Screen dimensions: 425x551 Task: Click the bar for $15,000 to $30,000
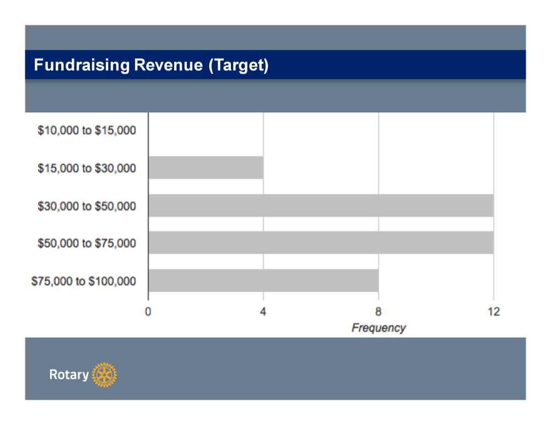point(206,167)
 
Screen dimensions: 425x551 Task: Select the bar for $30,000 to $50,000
point(321,205)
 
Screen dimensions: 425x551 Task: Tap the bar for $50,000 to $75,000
point(321,243)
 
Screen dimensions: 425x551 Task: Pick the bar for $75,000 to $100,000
point(263,280)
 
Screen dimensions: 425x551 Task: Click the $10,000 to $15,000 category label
point(87,131)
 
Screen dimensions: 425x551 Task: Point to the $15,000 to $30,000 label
point(87,168)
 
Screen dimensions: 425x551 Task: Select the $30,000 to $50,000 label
point(87,206)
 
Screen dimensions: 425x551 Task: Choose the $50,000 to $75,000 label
point(87,243)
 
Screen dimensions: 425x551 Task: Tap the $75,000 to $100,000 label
point(84,281)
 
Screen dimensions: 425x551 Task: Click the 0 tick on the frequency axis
point(148,312)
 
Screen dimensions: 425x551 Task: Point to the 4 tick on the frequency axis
point(263,312)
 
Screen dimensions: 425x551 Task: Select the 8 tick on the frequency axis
point(379,312)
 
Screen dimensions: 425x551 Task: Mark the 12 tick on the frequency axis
point(494,312)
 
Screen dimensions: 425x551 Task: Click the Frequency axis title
point(379,328)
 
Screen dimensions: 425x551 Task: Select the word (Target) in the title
point(238,66)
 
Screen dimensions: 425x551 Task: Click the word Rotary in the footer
point(69,375)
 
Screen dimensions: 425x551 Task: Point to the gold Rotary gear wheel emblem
point(104,375)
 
